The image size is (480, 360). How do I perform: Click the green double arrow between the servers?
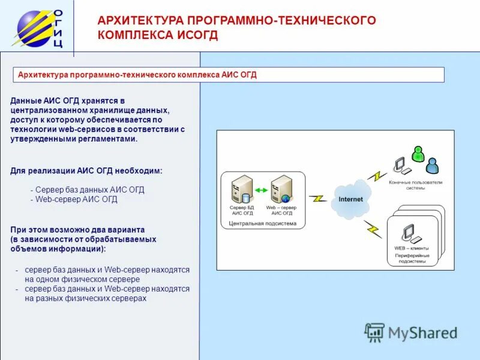(261, 191)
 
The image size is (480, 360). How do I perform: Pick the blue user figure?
(432, 162)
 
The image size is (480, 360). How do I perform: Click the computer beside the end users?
(400, 166)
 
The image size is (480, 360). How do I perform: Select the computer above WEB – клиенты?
(409, 233)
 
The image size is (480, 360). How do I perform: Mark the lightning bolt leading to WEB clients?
(373, 229)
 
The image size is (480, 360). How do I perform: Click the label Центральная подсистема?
(263, 223)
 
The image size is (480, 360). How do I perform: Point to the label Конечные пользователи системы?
(415, 185)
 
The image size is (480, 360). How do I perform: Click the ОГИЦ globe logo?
(35, 27)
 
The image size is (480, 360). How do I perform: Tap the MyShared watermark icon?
(375, 332)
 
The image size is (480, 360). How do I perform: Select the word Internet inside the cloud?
(350, 199)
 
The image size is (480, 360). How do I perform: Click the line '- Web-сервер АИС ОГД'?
(74, 200)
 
